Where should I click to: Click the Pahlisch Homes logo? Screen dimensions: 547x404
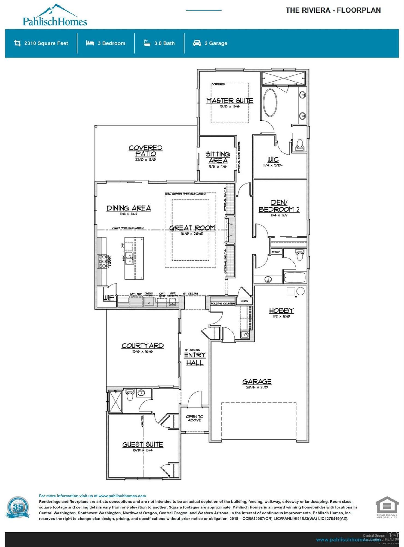(55, 16)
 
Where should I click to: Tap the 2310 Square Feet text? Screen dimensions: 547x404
(46, 43)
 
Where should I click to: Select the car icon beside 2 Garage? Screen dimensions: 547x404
(197, 43)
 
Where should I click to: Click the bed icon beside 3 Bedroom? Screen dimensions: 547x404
(90, 43)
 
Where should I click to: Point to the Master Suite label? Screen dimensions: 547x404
(230, 101)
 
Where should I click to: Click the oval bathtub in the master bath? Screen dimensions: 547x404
(270, 103)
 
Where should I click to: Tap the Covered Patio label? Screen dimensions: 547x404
(145, 151)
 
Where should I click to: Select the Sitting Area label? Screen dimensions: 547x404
(218, 157)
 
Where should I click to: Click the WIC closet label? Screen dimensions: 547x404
(273, 159)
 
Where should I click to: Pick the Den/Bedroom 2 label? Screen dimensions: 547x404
(279, 206)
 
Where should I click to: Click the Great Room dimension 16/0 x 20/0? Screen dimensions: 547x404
(192, 234)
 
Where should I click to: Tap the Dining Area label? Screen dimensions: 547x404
(129, 208)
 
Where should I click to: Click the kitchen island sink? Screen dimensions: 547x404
(129, 258)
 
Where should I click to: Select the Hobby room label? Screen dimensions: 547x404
(281, 311)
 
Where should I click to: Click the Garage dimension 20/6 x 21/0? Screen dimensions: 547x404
(257, 387)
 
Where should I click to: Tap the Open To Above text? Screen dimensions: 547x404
(194, 418)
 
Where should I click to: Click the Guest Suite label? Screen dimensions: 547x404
(142, 444)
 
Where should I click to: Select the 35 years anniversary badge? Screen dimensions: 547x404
(18, 508)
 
